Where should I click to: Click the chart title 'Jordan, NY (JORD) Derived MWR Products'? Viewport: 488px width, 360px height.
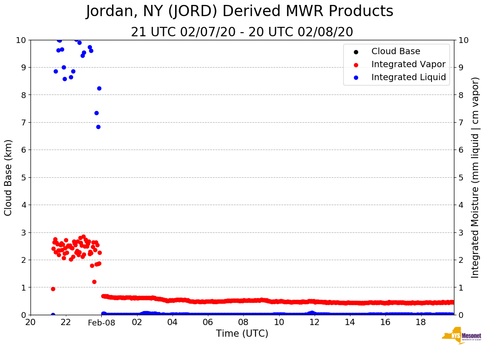pos(240,12)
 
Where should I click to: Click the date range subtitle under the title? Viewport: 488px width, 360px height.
pos(242,32)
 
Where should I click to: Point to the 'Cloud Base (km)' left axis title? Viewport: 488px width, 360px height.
pos(9,177)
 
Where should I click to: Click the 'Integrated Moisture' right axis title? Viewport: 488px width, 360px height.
pos(475,177)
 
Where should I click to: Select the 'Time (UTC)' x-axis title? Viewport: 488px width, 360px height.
pos(242,334)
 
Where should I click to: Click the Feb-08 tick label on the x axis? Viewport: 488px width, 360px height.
pos(102,322)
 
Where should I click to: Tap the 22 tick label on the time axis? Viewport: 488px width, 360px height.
pos(66,322)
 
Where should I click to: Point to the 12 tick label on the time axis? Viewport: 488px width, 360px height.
pos(314,322)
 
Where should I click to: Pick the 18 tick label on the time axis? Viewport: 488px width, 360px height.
pos(420,322)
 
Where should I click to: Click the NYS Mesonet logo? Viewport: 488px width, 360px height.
pos(462,336)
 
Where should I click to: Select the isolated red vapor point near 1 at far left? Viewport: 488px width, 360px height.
pos(53,289)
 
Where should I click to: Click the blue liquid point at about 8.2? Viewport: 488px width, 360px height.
pos(99,88)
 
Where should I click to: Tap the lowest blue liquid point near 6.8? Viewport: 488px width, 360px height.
pos(98,127)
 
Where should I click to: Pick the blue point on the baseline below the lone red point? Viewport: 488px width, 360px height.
pos(53,315)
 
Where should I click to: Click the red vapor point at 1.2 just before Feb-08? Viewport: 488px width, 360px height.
pos(94,282)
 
